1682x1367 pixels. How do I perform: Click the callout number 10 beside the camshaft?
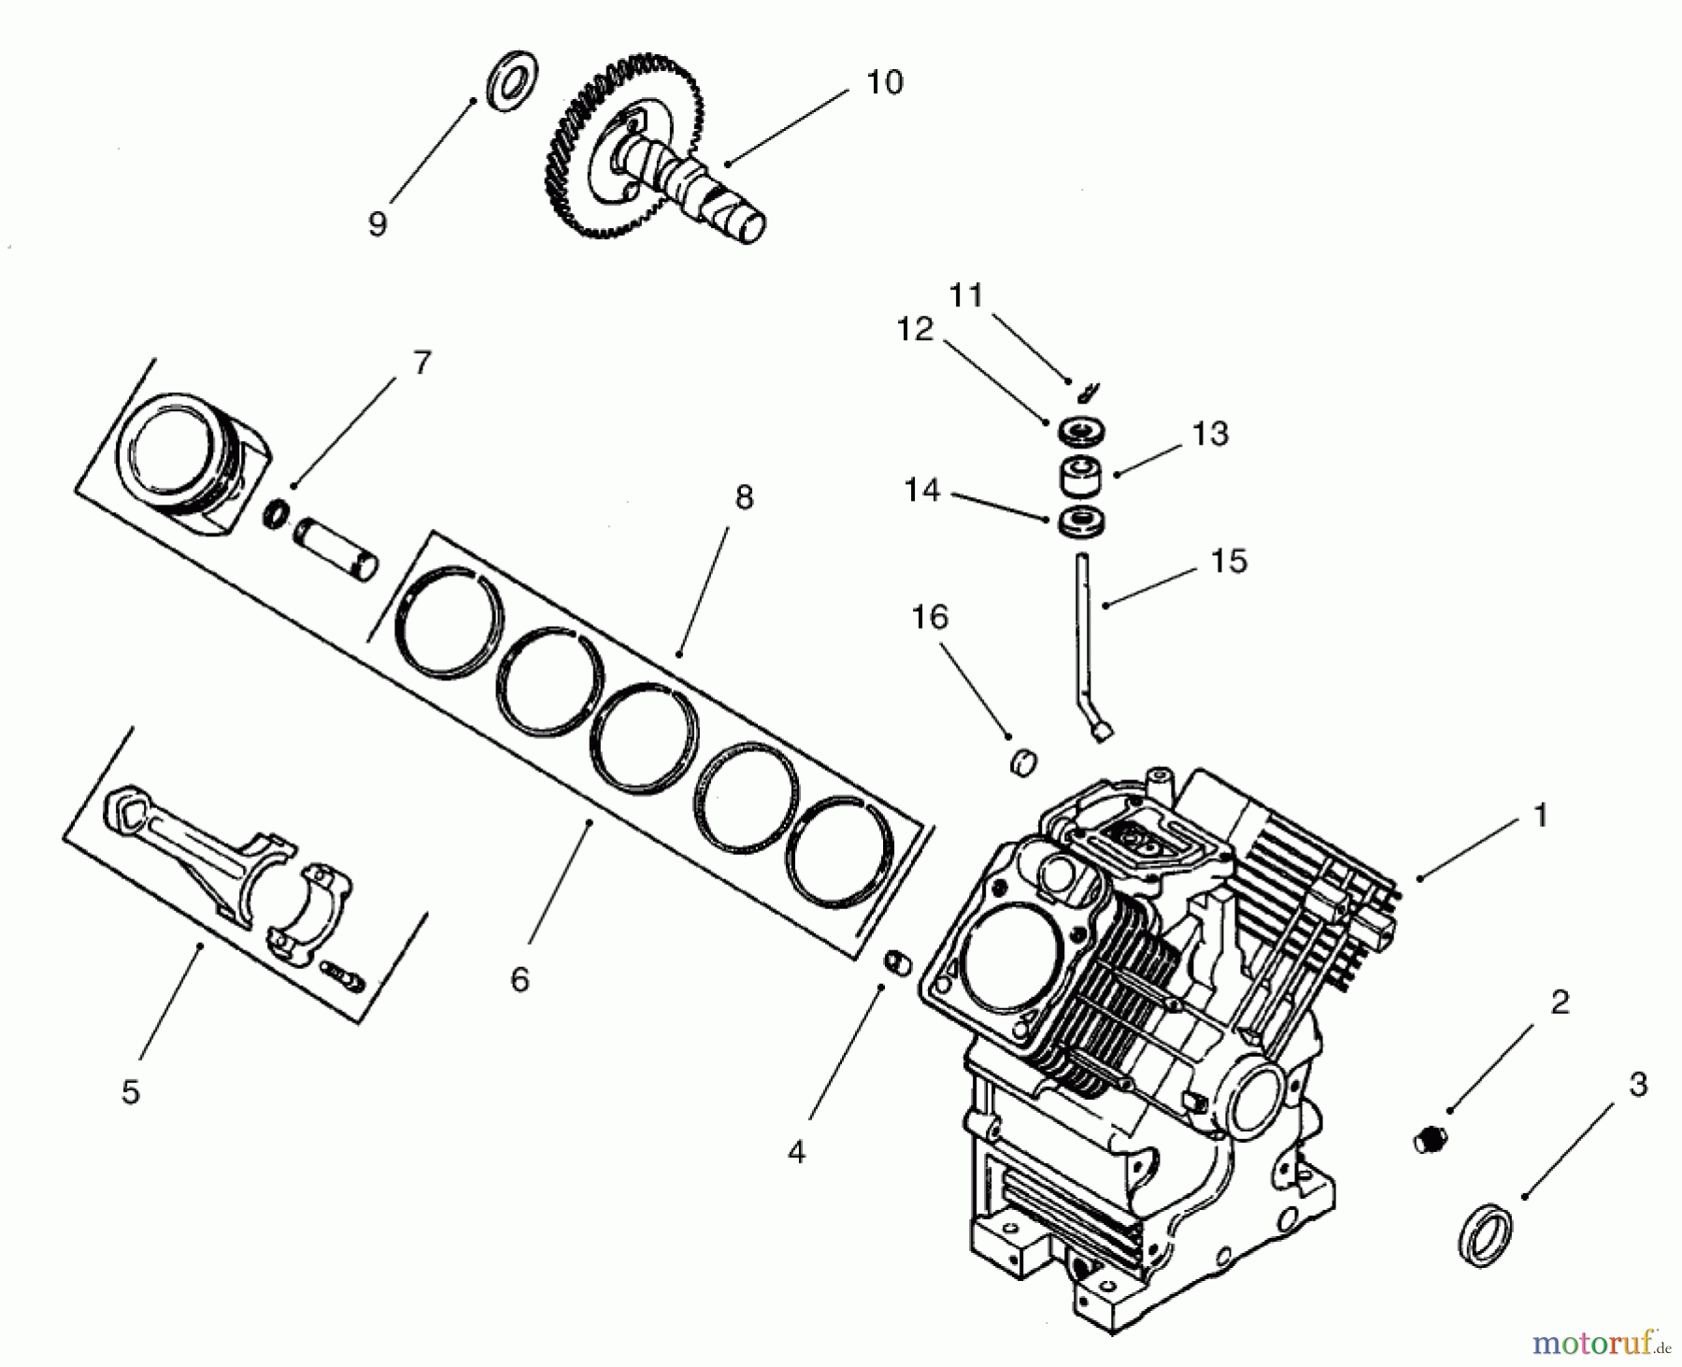[884, 82]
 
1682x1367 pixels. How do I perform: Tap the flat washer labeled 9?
[510, 82]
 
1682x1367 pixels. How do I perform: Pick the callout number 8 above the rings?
[744, 498]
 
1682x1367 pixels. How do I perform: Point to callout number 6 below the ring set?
[520, 979]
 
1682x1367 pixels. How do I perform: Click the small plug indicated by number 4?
[896, 962]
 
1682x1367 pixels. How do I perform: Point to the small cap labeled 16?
[1025, 762]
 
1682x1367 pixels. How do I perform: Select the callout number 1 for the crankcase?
[1540, 815]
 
